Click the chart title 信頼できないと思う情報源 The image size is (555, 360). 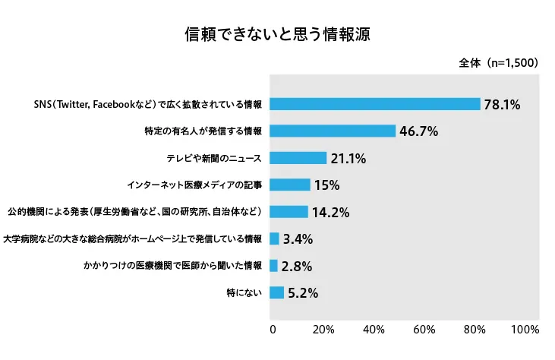pyautogui.click(x=278, y=34)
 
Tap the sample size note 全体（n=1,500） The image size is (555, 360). pyautogui.click(x=498, y=62)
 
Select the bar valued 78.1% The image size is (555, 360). pyautogui.click(x=375, y=104)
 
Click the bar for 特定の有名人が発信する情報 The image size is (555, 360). pyautogui.click(x=333, y=131)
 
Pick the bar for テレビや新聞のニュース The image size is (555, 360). pyautogui.click(x=298, y=158)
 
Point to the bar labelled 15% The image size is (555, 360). pyautogui.click(x=290, y=185)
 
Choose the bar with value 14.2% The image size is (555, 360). pyautogui.click(x=289, y=212)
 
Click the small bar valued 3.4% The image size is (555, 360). pyautogui.click(x=274, y=238)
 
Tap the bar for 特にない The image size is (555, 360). pyautogui.click(x=276, y=292)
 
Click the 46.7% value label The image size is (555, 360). pyautogui.click(x=419, y=131)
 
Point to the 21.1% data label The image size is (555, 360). pyautogui.click(x=348, y=159)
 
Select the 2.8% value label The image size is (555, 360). pyautogui.click(x=297, y=266)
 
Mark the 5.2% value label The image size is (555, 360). pyautogui.click(x=303, y=293)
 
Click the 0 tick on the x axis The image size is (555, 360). pyautogui.click(x=273, y=330)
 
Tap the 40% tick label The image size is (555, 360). pyautogui.click(x=374, y=330)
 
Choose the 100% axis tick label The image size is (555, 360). pyautogui.click(x=525, y=330)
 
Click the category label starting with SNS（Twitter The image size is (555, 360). pyautogui.click(x=148, y=104)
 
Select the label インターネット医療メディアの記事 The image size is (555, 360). pyautogui.click(x=194, y=185)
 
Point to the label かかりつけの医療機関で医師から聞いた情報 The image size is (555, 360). pyautogui.click(x=173, y=266)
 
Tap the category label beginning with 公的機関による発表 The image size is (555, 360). pyautogui.click(x=135, y=212)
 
